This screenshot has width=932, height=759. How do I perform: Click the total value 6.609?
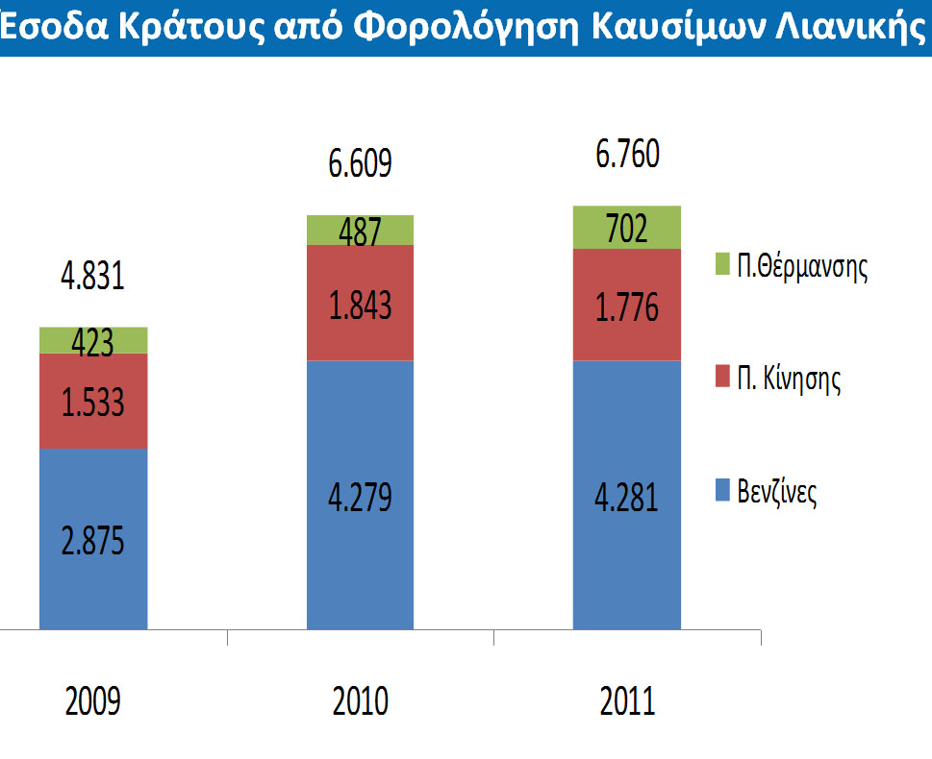[360, 164]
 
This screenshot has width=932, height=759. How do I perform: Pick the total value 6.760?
[627, 155]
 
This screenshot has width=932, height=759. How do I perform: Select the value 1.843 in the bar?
[360, 304]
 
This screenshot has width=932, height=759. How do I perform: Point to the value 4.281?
[626, 500]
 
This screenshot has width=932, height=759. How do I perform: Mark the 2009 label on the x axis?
[92, 701]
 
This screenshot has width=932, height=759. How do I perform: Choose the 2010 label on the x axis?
[360, 701]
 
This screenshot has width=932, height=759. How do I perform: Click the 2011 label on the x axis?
[627, 701]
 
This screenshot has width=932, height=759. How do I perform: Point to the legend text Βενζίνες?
[777, 495]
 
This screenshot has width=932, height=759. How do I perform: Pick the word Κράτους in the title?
[169, 29]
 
